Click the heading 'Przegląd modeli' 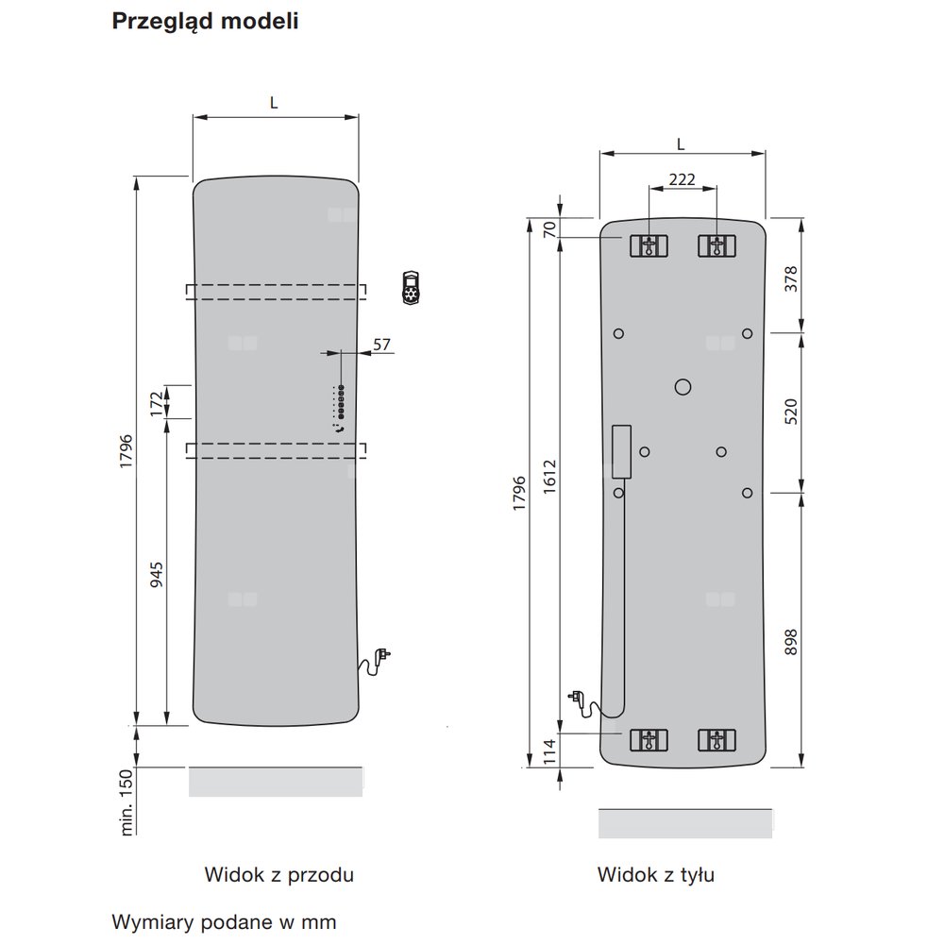205,22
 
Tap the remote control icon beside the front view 411,288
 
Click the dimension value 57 381,345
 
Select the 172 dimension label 157,403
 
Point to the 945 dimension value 157,575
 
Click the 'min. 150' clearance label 126,802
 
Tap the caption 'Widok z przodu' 278,875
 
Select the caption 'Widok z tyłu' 656,875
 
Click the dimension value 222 683,179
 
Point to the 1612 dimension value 549,477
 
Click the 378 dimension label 791,278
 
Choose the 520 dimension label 791,412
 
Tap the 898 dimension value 791,642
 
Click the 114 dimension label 549,752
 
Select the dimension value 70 549,229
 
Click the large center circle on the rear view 683,386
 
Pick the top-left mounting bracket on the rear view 649,246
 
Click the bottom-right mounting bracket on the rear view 716,740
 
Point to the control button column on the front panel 341,401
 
